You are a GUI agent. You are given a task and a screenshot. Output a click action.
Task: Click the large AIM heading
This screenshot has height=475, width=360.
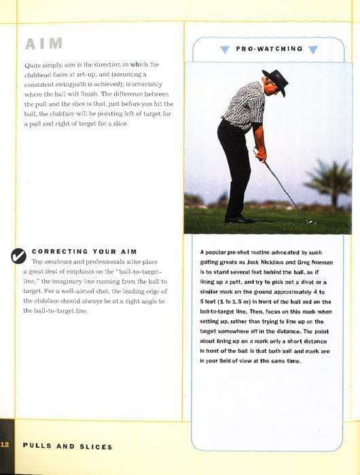pos(43,44)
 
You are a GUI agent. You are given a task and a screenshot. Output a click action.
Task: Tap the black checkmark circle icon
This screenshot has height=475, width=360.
pos(18,255)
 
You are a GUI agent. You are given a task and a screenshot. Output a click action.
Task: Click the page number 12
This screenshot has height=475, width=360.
pos(5,446)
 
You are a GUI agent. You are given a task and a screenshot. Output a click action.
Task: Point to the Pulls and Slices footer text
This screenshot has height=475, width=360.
pos(67,446)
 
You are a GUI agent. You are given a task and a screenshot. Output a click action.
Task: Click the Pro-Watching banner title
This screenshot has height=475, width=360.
pos(269,49)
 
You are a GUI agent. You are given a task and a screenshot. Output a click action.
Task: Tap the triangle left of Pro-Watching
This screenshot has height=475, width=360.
pos(225,50)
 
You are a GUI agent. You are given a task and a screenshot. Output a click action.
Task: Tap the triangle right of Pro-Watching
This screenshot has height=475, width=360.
pos(312,50)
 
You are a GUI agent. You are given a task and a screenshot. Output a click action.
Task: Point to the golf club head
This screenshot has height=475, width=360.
pos(310,221)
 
